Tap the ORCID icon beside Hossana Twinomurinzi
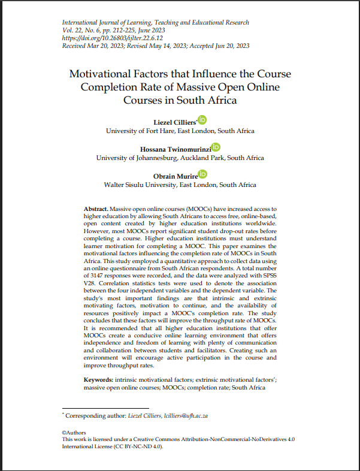(x=216, y=147)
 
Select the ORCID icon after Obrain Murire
(x=203, y=174)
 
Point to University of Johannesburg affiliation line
(x=180, y=158)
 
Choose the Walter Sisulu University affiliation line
(x=180, y=185)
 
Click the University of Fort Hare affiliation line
(x=180, y=131)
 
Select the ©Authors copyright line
(x=74, y=432)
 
